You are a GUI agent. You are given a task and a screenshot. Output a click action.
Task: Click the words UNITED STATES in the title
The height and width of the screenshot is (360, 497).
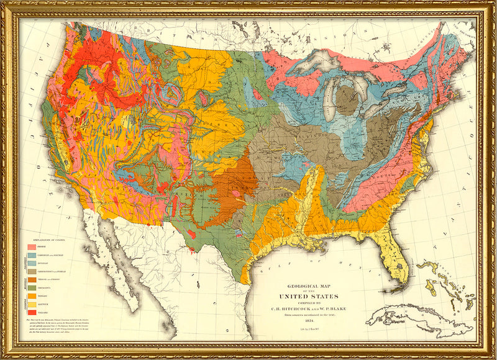click(x=317, y=295)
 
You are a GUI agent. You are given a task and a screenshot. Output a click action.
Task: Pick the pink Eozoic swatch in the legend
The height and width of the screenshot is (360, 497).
click(x=32, y=246)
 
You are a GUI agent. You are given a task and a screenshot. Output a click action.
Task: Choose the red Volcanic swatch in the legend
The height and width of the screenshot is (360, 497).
click(x=32, y=311)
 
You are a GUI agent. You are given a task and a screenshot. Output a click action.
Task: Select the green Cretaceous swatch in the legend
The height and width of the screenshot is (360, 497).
click(x=32, y=287)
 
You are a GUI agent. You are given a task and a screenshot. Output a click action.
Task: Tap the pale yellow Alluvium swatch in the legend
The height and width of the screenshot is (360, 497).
click(x=32, y=303)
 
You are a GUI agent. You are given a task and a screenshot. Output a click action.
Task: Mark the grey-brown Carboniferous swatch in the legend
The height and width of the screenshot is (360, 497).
click(x=32, y=271)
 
